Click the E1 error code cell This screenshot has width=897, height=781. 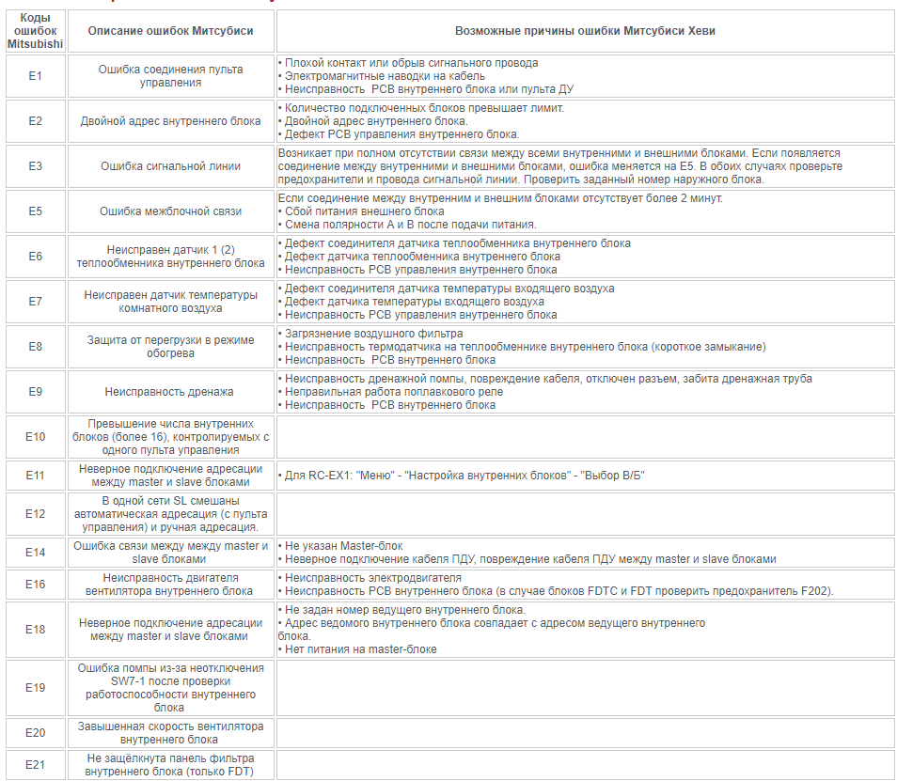tap(35, 76)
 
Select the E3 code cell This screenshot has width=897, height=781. tap(35, 166)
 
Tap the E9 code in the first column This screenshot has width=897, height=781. tap(35, 392)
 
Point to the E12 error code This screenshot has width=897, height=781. tap(35, 514)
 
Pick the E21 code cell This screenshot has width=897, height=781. tap(35, 765)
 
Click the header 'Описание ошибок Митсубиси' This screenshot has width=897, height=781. tap(170, 31)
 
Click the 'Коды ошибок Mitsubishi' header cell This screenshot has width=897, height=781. tap(35, 31)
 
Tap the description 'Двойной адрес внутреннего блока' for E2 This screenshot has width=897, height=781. tap(170, 121)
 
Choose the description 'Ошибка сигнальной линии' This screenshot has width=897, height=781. tap(170, 166)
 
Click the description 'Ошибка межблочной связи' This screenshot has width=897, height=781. tap(170, 211)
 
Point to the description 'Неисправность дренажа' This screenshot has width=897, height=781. tap(170, 392)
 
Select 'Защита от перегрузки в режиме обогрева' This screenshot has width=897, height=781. tap(170, 347)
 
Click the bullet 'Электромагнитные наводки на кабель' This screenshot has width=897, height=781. tap(385, 76)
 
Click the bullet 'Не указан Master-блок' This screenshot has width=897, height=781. tap(348, 546)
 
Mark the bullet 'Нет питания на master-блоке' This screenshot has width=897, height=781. tap(361, 649)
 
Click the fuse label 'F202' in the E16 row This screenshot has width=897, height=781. tap(816, 591)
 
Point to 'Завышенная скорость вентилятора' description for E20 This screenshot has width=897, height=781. tap(170, 726)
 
